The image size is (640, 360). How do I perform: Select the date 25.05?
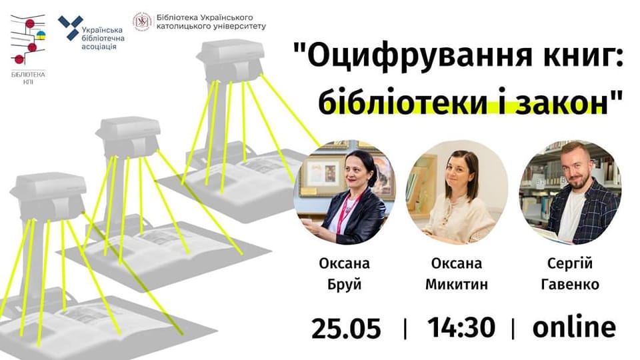click(346, 328)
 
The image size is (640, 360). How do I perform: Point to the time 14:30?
click(461, 327)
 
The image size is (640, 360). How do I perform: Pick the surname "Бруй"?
click(345, 284)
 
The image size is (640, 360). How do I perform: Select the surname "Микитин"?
click(456, 284)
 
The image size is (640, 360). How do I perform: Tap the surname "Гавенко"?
click(570, 284)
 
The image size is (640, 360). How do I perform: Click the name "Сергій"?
click(570, 264)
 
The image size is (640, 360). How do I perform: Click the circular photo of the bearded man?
click(570, 193)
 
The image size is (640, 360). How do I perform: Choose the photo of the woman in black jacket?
click(345, 193)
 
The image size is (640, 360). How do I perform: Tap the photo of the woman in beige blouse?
click(457, 193)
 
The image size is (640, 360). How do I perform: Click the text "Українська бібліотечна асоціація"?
click(103, 39)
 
